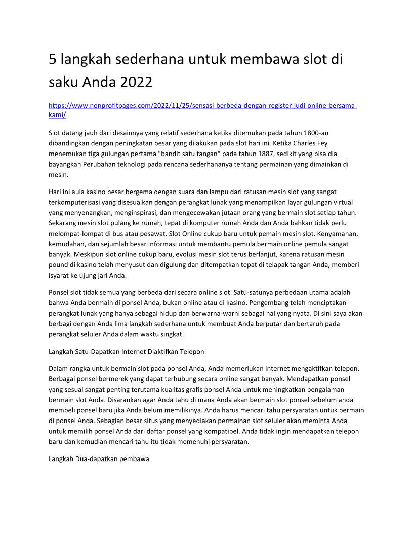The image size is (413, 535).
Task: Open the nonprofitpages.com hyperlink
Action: point(202,106)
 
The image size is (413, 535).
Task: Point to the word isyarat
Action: point(59,276)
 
